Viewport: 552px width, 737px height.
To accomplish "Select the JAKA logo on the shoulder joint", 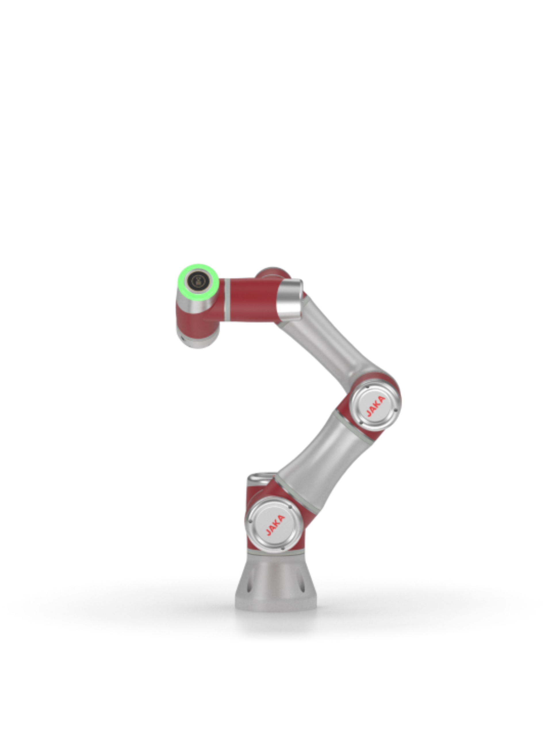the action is tap(275, 525).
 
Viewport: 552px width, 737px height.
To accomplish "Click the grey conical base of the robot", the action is tap(276, 582).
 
